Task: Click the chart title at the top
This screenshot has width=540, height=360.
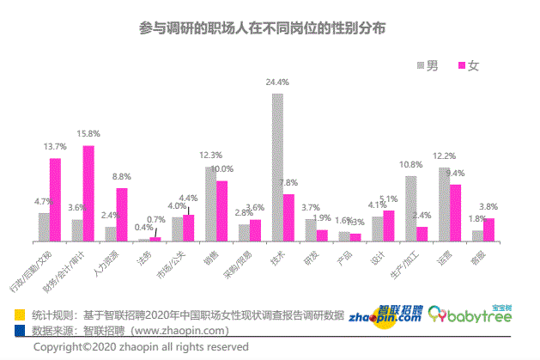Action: pyautogui.click(x=263, y=27)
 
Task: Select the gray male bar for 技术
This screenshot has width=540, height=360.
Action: pyautogui.click(x=277, y=168)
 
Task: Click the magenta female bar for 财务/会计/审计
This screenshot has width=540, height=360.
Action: pyautogui.click(x=88, y=193)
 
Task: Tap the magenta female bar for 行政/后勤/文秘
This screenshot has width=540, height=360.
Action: pyautogui.click(x=55, y=199)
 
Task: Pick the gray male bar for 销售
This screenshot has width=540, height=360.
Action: pyautogui.click(x=210, y=204)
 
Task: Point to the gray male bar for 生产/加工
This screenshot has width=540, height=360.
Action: pyautogui.click(x=410, y=209)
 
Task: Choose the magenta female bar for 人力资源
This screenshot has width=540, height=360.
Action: pyautogui.click(x=121, y=215)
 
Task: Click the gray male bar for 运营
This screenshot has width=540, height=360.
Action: pyautogui.click(x=444, y=204)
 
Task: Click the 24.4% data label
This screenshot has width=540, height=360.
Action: pyautogui.click(x=276, y=82)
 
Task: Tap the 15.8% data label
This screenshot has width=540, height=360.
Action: pyautogui.click(x=88, y=134)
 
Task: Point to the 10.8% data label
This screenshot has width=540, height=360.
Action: pyautogui.click(x=410, y=164)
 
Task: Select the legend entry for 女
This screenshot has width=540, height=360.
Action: pyautogui.click(x=467, y=66)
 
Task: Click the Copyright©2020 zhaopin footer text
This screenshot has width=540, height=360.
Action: pyautogui.click(x=141, y=347)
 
